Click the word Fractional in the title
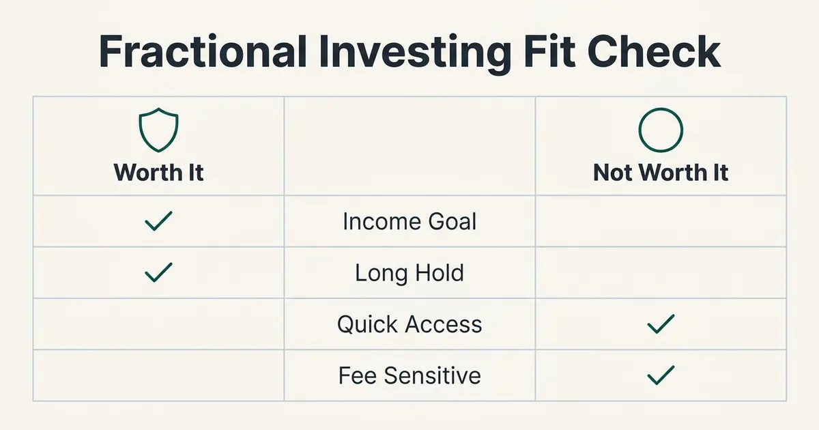click(x=203, y=51)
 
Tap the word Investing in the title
click(x=415, y=55)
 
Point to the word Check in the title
click(x=654, y=51)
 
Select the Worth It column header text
click(x=158, y=172)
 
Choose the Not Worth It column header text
click(x=661, y=172)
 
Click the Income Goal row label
click(x=409, y=221)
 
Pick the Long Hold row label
click(x=409, y=273)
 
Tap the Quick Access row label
click(x=409, y=324)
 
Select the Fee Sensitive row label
click(x=409, y=375)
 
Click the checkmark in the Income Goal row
click(x=158, y=222)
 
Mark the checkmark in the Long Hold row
click(x=158, y=273)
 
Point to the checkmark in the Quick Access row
click(x=661, y=324)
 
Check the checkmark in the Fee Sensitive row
click(x=661, y=375)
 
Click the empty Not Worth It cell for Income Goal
click(x=661, y=221)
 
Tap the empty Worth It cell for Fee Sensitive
click(x=158, y=375)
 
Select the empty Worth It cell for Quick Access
click(x=158, y=324)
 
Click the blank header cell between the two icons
click(x=409, y=146)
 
